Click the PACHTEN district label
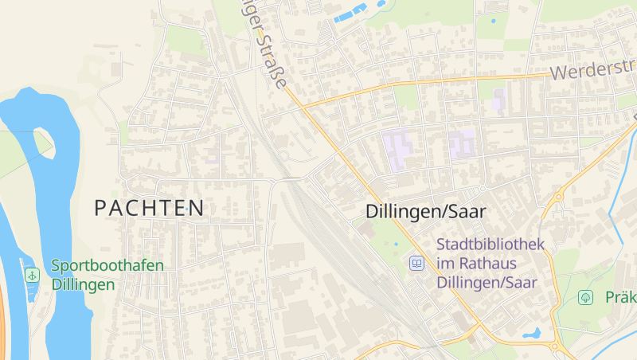pyautogui.click(x=149, y=209)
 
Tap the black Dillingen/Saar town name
pyautogui.click(x=425, y=211)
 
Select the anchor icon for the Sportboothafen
pyautogui.click(x=32, y=275)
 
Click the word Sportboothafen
pyautogui.click(x=107, y=265)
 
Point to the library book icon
pyautogui.click(x=416, y=262)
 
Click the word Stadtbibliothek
pyautogui.click(x=490, y=245)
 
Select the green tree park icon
pyautogui.click(x=586, y=297)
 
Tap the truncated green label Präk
pyautogui.click(x=620, y=298)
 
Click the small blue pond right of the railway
pyautogui.click(x=396, y=245)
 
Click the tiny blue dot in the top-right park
pyautogui.click(x=493, y=21)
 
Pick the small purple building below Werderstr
pyautogui.click(x=499, y=100)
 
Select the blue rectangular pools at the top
pyautogui.click(x=350, y=13)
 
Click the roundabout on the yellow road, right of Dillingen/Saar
pyautogui.click(x=560, y=194)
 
